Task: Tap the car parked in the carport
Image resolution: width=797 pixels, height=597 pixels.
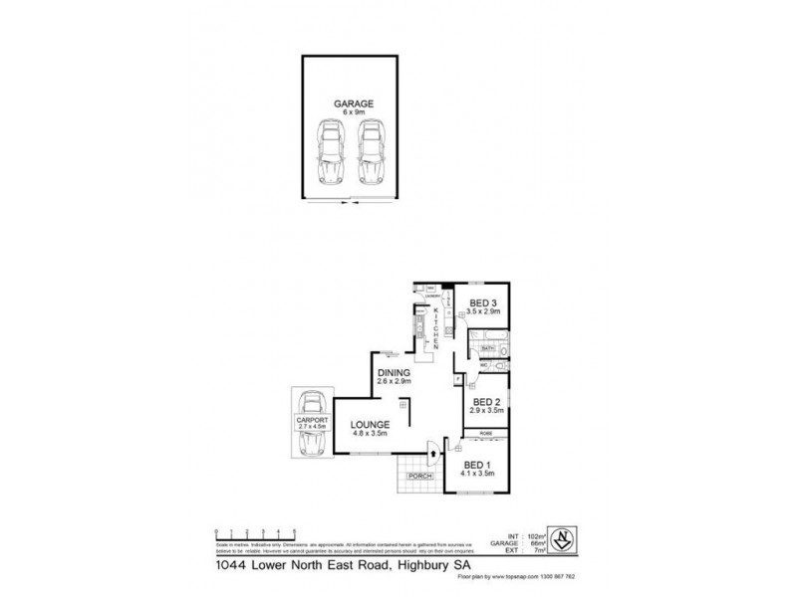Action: [310, 424]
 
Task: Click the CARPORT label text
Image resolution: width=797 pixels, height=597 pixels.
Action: [310, 421]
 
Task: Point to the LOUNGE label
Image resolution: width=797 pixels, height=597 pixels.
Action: [369, 425]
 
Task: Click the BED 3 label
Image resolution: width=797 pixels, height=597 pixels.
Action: [484, 302]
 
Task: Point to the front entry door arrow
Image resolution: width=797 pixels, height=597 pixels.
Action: [432, 457]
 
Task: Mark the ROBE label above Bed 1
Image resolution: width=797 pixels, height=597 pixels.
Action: [485, 434]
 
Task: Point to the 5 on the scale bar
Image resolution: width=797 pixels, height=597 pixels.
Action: [293, 530]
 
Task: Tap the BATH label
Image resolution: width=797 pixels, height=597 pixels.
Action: [487, 349]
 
